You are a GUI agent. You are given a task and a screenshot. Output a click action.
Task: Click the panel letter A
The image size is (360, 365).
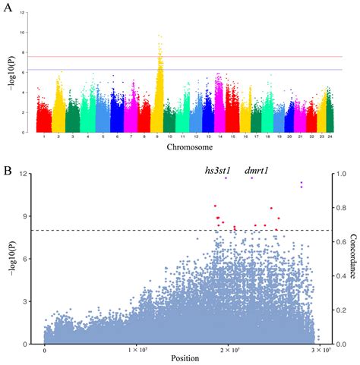click(9, 8)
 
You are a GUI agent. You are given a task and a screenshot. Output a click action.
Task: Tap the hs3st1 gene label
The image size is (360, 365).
click(219, 170)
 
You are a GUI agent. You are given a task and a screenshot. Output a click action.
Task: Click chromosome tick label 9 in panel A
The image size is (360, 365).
click(159, 136)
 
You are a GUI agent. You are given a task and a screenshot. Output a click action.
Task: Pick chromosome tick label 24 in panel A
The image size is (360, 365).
click(327, 136)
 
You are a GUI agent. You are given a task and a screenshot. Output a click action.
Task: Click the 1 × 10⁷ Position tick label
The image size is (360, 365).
click(137, 350)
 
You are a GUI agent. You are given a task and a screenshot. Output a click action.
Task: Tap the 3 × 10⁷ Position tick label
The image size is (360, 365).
click(321, 350)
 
